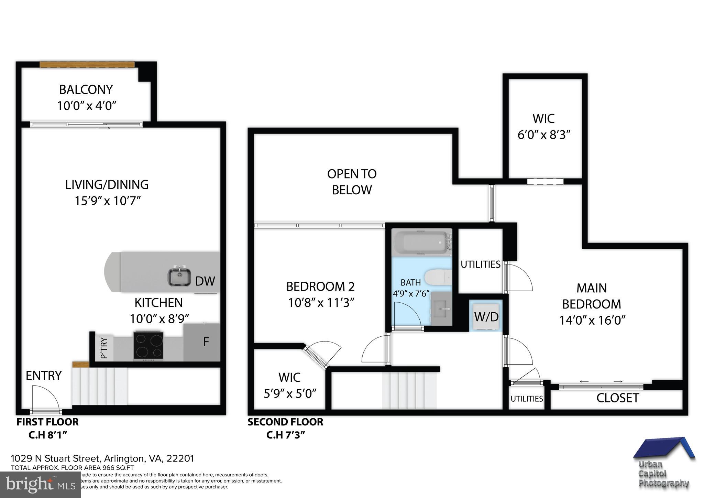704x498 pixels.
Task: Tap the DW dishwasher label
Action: point(205,281)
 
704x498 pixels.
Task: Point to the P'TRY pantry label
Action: point(104,348)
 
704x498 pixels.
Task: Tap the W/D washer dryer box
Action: point(486,316)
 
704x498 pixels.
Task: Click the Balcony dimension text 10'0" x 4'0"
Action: point(87,106)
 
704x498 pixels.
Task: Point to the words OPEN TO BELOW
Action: point(352,182)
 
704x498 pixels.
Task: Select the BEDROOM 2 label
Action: point(320,286)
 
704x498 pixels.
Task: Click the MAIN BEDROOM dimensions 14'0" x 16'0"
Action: point(592,321)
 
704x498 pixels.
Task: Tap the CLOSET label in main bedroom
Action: point(617,398)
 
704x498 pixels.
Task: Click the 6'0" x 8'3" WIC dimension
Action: point(544,135)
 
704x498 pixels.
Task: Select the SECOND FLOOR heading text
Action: point(285,422)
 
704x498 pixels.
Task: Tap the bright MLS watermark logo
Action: point(40,485)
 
